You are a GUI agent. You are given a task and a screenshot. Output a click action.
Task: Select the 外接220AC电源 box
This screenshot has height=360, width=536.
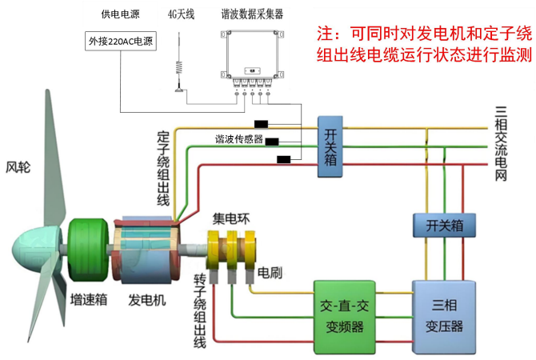click(121, 42)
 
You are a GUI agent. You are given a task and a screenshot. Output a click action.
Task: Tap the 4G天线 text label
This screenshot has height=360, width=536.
click(181, 14)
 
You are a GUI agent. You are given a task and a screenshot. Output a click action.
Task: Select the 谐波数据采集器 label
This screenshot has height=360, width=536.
click(252, 14)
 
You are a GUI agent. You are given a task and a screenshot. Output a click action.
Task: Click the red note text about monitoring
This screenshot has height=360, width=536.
click(423, 44)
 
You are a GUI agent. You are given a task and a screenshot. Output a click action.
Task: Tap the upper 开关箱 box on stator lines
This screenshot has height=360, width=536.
click(331, 142)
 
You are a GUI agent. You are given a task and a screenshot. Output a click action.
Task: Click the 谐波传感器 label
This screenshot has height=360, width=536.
click(238, 138)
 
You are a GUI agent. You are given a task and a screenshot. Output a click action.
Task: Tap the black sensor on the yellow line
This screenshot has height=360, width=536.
click(261, 124)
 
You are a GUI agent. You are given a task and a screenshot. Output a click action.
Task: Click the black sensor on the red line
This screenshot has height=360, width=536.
click(283, 159)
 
